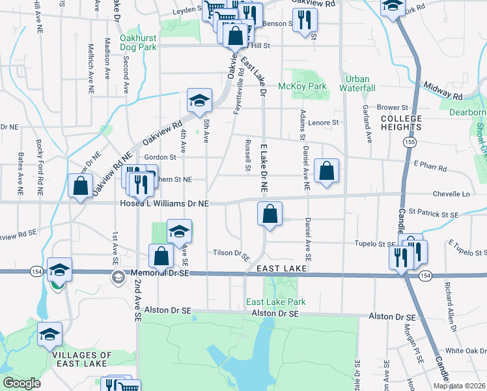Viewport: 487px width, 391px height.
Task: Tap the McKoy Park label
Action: click(301, 86)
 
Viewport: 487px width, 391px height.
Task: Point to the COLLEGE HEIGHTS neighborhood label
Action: click(402, 123)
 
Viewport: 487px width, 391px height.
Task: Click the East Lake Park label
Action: click(275, 302)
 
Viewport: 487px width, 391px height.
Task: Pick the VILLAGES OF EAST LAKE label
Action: click(83, 360)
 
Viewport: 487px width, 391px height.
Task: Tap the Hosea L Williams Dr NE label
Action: click(165, 203)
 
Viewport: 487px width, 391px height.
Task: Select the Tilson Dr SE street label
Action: click(232, 253)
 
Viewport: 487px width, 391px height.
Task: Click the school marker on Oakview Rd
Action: click(199, 100)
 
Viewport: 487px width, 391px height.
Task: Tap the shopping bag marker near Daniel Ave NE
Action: click(327, 171)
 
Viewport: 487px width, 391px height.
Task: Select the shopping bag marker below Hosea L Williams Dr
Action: click(269, 214)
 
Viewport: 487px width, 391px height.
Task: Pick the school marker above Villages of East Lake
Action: click(49, 335)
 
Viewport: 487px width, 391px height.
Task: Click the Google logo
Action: click(21, 383)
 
